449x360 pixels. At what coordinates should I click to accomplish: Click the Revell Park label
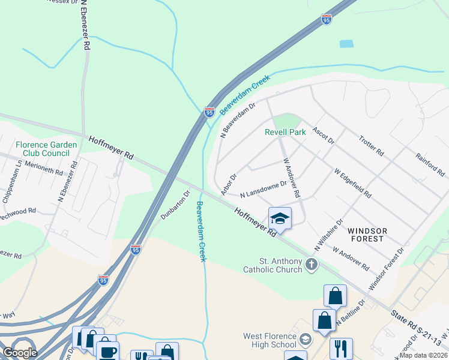[x=286, y=132]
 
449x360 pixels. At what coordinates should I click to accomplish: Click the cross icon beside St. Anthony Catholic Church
[x=311, y=264]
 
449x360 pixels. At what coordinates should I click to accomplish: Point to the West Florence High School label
[x=270, y=340]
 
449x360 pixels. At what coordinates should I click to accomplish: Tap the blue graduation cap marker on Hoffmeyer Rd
[x=280, y=218]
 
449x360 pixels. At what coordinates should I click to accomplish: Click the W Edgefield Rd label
[x=352, y=183]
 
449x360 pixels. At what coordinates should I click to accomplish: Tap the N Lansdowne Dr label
[x=264, y=190]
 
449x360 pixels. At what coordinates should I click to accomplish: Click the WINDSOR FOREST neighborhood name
[x=367, y=235]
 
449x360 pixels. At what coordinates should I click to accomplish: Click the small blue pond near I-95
[x=346, y=44]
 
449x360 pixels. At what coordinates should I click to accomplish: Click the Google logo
[x=20, y=352]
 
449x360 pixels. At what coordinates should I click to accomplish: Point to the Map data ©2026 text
[x=423, y=355]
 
